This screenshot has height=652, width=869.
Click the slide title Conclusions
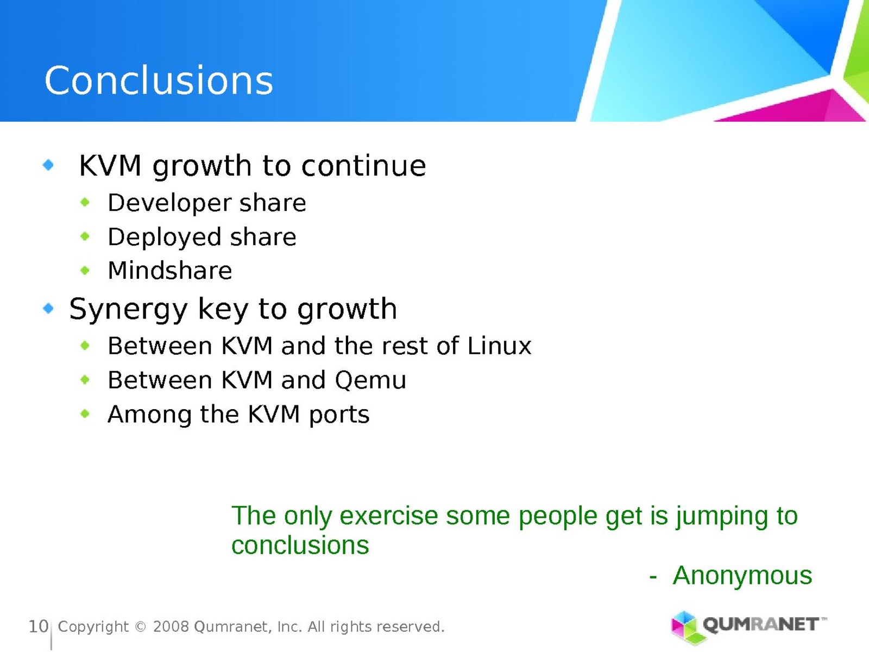(x=159, y=80)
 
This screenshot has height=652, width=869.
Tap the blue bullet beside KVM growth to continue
(x=48, y=165)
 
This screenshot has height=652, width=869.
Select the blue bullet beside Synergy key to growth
(x=48, y=308)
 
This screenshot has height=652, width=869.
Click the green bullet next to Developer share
(x=85, y=203)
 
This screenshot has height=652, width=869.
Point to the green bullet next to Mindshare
(x=85, y=271)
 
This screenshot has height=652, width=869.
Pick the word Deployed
(x=165, y=237)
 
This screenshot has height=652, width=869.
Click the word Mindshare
(x=170, y=271)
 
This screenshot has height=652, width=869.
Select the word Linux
(x=499, y=346)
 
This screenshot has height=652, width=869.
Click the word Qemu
(x=370, y=381)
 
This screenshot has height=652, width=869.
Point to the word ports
(x=339, y=416)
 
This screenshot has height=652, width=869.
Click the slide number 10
(x=39, y=626)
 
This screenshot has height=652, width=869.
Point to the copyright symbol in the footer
(x=141, y=627)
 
